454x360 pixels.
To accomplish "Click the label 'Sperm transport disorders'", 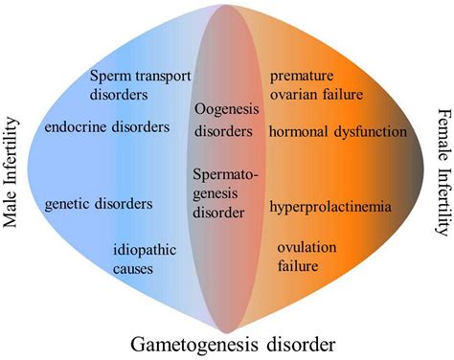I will pyautogui.click(x=140, y=85).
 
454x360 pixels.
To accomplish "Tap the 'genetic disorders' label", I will pyautogui.click(x=99, y=203).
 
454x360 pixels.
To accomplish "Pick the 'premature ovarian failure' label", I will pyautogui.click(x=315, y=84).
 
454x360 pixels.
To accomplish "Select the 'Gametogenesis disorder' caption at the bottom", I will pyautogui.click(x=228, y=342).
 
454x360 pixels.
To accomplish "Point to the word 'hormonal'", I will pyautogui.click(x=298, y=130).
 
